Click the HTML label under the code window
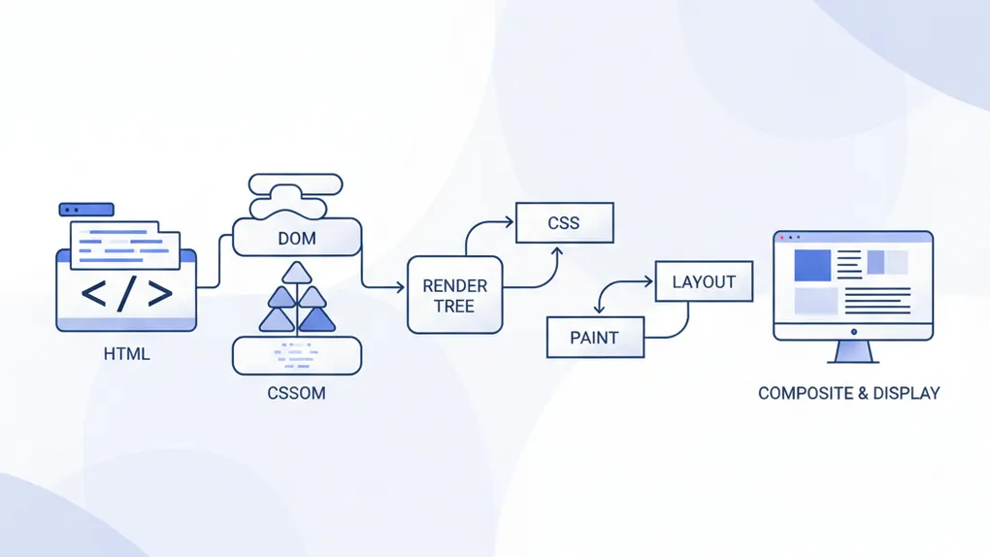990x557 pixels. pyautogui.click(x=126, y=354)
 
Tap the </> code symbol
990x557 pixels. pyautogui.click(x=126, y=293)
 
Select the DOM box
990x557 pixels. pyautogui.click(x=297, y=238)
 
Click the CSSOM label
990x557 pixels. pyautogui.click(x=296, y=394)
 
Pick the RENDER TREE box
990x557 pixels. pyautogui.click(x=454, y=296)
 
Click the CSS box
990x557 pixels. pyautogui.click(x=564, y=222)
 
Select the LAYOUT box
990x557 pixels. pyautogui.click(x=704, y=282)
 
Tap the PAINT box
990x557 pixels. pyautogui.click(x=594, y=338)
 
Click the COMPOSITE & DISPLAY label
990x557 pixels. pyautogui.click(x=848, y=393)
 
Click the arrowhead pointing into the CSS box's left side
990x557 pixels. pyautogui.click(x=509, y=222)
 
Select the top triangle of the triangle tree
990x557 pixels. pyautogui.click(x=297, y=273)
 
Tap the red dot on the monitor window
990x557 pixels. pyautogui.click(x=782, y=238)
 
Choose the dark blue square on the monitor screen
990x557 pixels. pyautogui.click(x=813, y=265)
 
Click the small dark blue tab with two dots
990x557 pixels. pyautogui.click(x=86, y=210)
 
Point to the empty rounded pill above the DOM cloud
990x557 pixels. pyautogui.click(x=296, y=183)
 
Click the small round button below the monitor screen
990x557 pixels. pyautogui.click(x=853, y=331)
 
